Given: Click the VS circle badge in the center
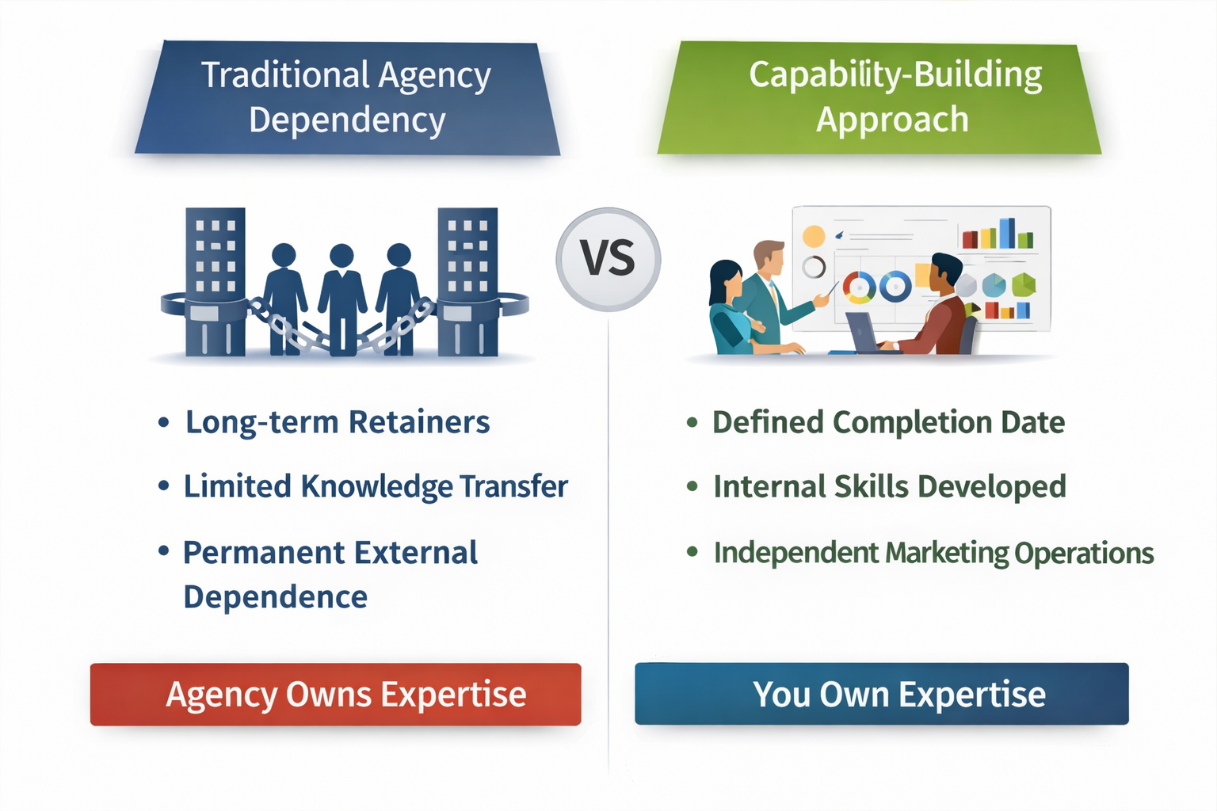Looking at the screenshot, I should [608, 259].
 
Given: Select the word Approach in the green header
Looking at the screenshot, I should [892, 120].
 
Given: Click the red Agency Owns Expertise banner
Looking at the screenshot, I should [336, 694].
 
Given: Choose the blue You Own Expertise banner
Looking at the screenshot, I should [881, 694].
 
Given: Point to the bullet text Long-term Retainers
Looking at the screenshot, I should [338, 422].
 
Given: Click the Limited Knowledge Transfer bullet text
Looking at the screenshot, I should [376, 486].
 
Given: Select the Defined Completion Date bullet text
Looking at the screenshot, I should [888, 422].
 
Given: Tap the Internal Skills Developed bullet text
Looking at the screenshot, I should [889, 486].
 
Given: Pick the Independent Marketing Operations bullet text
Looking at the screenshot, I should [933, 553].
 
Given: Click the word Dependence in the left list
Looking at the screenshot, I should [275, 597].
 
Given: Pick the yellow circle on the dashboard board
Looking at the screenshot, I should [814, 236].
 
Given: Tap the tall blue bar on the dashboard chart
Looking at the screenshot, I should [1006, 233].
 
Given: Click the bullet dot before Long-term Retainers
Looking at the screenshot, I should [163, 422].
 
